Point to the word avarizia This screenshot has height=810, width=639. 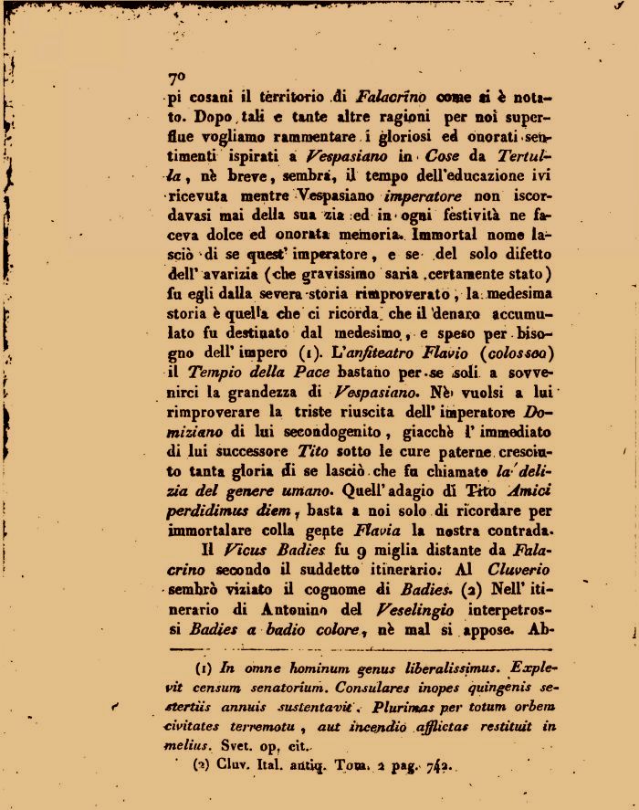point(233,275)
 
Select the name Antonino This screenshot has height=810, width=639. point(269,611)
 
